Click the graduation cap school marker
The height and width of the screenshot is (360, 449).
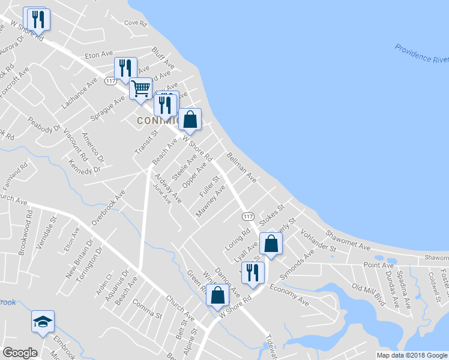(x=43, y=322)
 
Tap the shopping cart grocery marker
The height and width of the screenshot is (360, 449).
(x=140, y=89)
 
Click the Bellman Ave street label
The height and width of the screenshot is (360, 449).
(x=241, y=167)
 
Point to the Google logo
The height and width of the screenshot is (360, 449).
(x=20, y=353)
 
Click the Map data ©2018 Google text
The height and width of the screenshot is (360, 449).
(x=411, y=355)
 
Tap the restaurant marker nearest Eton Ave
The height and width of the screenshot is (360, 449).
(x=126, y=68)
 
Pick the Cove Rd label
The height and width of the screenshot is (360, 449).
(x=135, y=23)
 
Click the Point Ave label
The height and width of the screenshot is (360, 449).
(x=378, y=265)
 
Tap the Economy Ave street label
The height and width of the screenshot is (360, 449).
(x=289, y=295)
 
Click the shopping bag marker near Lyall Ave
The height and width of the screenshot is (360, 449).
(x=271, y=244)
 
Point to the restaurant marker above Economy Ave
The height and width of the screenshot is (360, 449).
(x=253, y=272)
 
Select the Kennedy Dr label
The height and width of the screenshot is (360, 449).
(x=84, y=167)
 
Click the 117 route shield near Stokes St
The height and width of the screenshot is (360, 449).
(x=248, y=215)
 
